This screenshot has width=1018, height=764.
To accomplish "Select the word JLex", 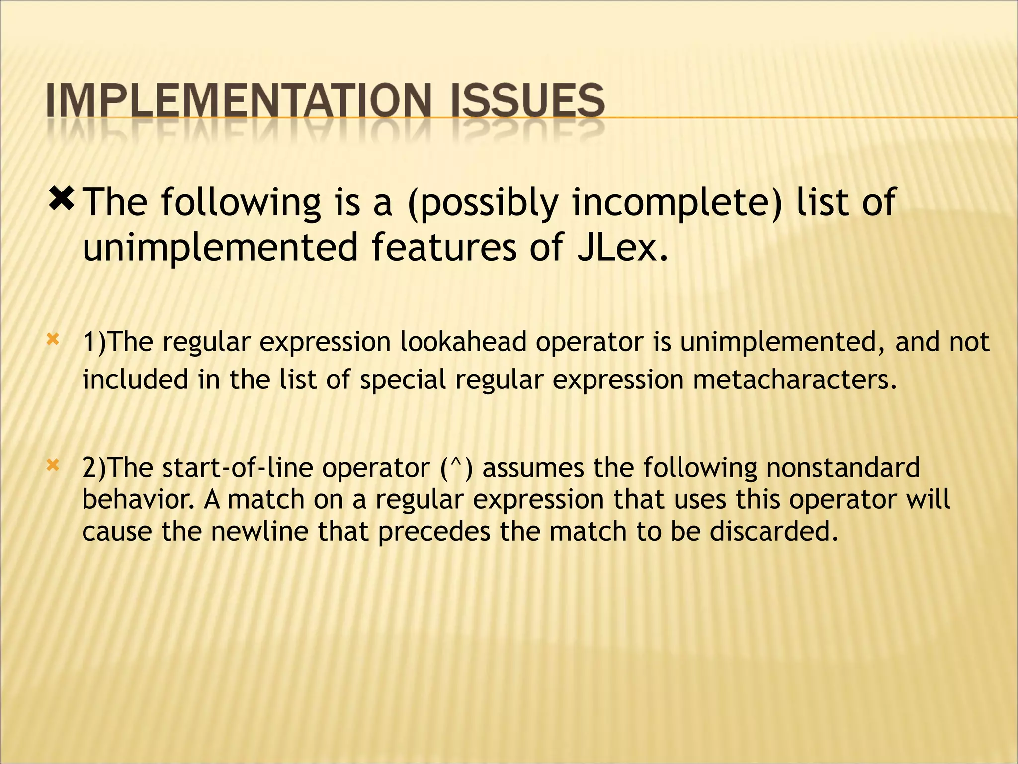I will [x=622, y=247].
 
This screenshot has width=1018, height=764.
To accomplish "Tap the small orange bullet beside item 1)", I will [x=53, y=340].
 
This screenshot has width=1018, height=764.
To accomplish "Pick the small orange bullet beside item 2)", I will [x=53, y=466].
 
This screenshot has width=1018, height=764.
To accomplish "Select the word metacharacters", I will [x=795, y=380].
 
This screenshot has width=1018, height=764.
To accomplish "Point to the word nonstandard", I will [x=843, y=468].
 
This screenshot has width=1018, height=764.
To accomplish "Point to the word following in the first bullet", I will [x=241, y=203].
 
